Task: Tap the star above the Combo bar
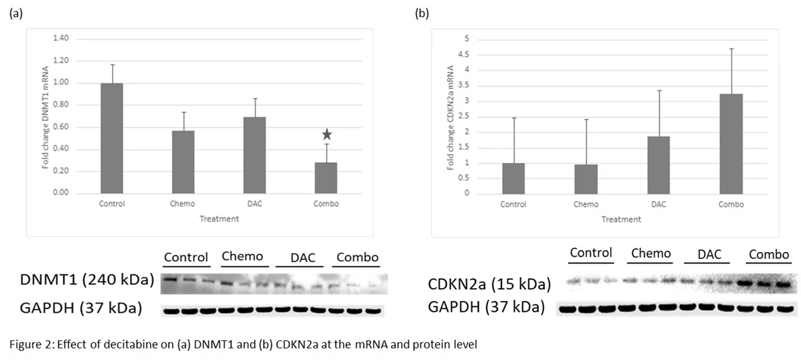click(x=327, y=134)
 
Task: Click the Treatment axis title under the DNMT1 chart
click(x=219, y=219)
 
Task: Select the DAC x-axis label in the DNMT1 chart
click(x=253, y=203)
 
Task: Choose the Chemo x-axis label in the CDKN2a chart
click(x=586, y=204)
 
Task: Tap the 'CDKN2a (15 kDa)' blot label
click(x=489, y=284)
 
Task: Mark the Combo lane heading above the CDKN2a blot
click(x=769, y=255)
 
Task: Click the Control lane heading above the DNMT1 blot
click(x=185, y=257)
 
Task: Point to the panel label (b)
click(x=422, y=14)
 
